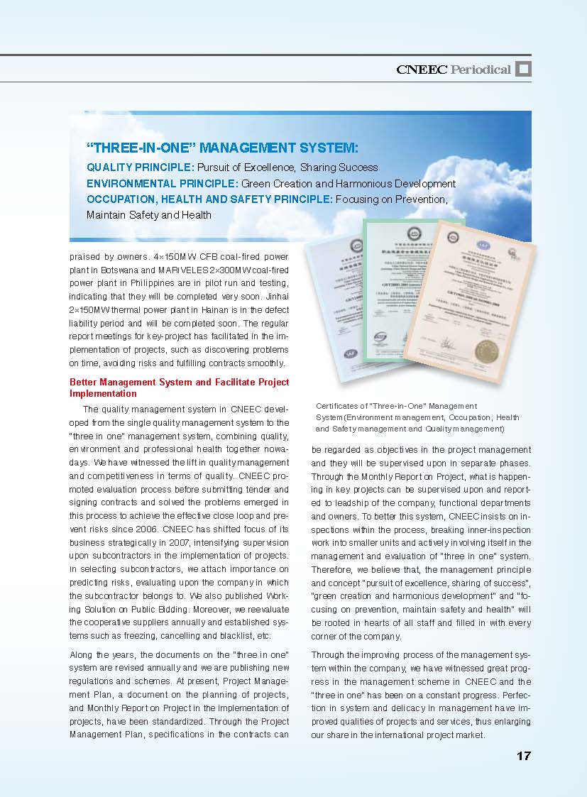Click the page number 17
click(523, 757)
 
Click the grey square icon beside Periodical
click(523, 69)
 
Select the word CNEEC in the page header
click(422, 70)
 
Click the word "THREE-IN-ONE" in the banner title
click(140, 148)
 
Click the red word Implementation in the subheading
click(103, 393)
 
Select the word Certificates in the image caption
click(338, 406)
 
